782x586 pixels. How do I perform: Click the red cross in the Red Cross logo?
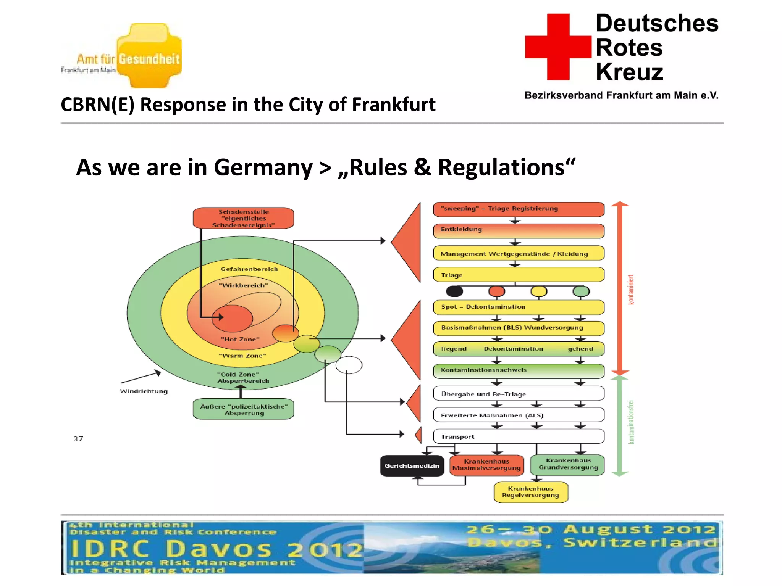click(x=558, y=47)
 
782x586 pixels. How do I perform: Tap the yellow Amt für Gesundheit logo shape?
click(x=149, y=55)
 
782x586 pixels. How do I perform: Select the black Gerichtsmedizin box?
click(x=412, y=466)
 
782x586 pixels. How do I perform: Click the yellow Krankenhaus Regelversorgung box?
click(x=530, y=492)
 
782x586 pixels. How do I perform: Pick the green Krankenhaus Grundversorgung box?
click(x=568, y=464)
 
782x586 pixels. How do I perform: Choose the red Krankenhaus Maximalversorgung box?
click(x=486, y=465)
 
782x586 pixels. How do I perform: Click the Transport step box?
click(x=518, y=436)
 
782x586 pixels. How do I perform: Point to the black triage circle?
click(x=454, y=291)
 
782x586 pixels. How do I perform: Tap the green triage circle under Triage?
click(x=581, y=291)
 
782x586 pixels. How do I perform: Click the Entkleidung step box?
click(x=518, y=230)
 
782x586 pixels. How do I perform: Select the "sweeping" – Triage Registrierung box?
click(x=518, y=209)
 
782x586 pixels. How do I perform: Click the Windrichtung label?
click(x=144, y=391)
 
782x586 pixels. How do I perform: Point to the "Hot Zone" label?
click(x=240, y=339)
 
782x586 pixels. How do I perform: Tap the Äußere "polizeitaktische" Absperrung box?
click(x=244, y=409)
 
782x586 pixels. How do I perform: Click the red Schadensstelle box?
click(x=243, y=218)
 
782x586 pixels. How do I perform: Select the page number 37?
click(x=78, y=439)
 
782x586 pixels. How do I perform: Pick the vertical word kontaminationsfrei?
click(x=631, y=422)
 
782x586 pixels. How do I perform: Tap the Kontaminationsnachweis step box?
click(x=518, y=370)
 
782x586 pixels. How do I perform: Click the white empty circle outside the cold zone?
click(x=349, y=365)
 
